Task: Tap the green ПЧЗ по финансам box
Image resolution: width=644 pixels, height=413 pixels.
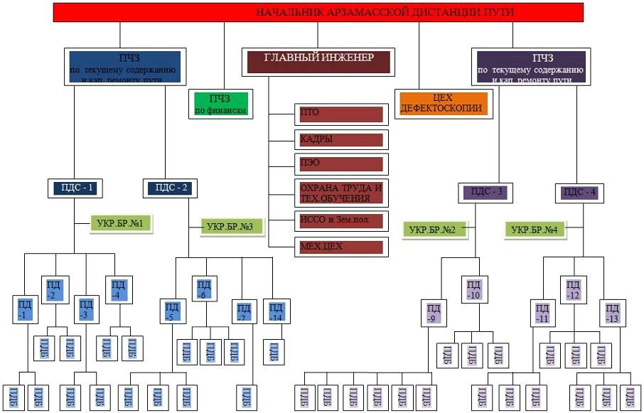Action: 220,104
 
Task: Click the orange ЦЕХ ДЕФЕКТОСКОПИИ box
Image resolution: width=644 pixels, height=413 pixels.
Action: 442,104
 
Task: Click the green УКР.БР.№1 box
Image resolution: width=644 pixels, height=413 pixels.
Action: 120,225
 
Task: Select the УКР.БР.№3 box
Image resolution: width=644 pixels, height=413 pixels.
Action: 231,227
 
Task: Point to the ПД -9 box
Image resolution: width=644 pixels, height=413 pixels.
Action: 434,313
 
